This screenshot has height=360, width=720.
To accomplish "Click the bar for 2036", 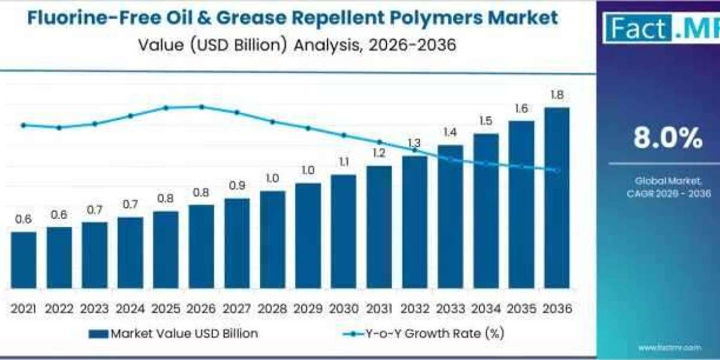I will point(557,198).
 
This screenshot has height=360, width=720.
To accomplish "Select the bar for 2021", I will point(23,259).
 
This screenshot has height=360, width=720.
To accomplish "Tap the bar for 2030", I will point(344,231).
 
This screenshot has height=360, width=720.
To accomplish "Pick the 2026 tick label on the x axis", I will point(201,308).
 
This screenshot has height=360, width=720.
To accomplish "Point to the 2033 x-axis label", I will point(450,308).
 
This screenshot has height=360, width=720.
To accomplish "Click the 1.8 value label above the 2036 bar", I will point(557,95).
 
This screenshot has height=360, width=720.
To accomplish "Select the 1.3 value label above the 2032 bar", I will point(415,143).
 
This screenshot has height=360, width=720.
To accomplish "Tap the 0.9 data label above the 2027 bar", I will point(236,186).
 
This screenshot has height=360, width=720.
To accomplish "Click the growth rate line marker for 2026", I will point(202,107).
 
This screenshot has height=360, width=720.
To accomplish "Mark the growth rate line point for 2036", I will point(557,170).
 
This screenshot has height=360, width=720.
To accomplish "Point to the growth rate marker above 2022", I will point(59,128).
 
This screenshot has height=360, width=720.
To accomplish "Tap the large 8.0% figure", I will point(668,139).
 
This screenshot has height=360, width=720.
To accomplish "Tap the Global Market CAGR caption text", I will point(668,187).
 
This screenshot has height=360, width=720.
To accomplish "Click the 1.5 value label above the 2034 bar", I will point(486,121).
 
